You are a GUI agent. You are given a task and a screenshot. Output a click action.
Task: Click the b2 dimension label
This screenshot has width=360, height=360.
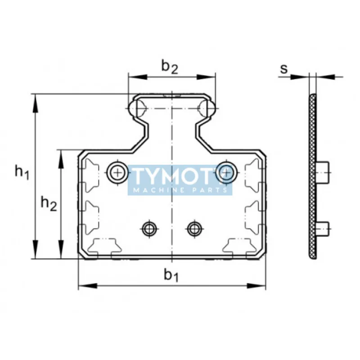[x=170, y=67]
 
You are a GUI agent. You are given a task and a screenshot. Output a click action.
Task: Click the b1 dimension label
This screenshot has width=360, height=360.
[x=171, y=275]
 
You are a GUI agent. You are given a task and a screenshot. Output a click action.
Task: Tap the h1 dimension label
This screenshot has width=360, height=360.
[x=22, y=172]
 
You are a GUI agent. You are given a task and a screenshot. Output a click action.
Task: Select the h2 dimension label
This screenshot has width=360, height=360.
[x=49, y=203]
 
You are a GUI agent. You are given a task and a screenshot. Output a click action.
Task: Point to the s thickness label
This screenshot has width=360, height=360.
[x=284, y=69]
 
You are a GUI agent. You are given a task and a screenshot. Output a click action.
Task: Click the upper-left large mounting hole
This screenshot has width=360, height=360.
[x=117, y=172]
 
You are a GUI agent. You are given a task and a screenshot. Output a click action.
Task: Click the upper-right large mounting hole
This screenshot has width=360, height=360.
[x=226, y=172]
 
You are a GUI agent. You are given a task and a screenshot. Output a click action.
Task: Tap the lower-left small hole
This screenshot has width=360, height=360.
[x=149, y=229]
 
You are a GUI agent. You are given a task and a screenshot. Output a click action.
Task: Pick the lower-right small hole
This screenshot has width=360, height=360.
[x=195, y=229]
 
